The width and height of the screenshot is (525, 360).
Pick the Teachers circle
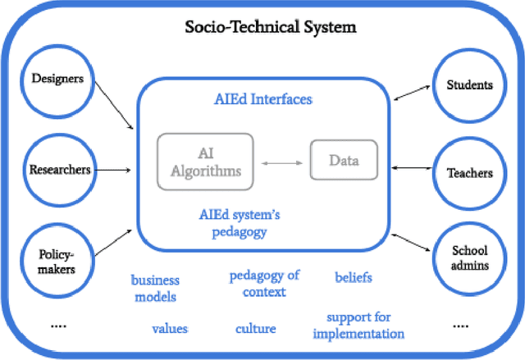(x=469, y=172)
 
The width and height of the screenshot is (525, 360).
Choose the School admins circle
(x=469, y=258)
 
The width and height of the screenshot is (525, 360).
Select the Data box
(x=345, y=160)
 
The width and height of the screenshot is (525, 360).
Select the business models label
(x=155, y=289)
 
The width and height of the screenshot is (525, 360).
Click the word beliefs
(x=354, y=277)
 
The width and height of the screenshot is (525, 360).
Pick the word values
(x=170, y=328)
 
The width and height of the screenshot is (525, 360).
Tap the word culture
(x=255, y=329)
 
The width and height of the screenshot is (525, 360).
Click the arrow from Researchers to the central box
(x=114, y=170)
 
